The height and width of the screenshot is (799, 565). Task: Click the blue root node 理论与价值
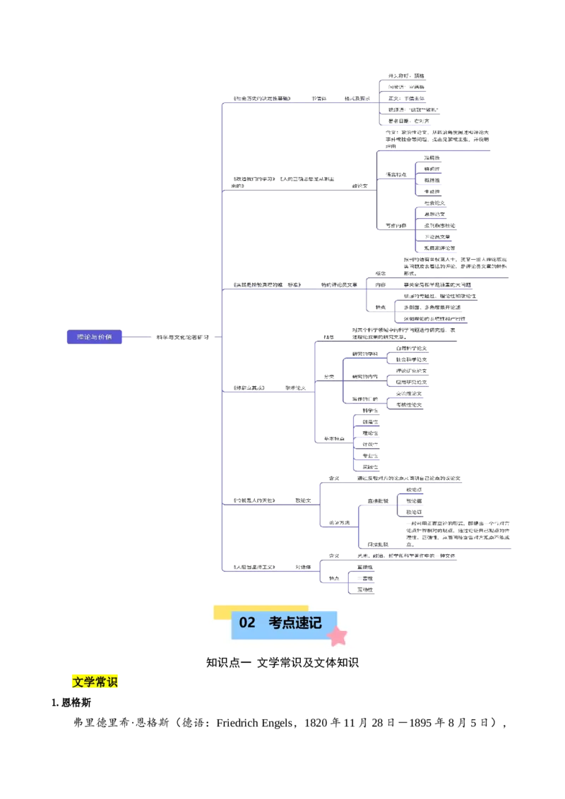tap(94, 337)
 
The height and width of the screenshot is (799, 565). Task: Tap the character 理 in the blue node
tap(80, 337)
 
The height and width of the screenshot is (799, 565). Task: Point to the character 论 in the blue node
tap(88, 337)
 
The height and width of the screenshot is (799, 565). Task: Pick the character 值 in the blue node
tap(109, 337)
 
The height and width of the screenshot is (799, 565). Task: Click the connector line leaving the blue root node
tap(138, 337)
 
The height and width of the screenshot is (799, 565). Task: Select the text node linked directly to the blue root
tap(182, 338)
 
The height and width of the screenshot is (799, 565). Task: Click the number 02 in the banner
tap(247, 623)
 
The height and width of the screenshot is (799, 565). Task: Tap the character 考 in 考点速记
tap(275, 623)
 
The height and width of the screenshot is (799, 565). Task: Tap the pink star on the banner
tap(338, 637)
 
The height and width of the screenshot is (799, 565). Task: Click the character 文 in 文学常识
tap(78, 682)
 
